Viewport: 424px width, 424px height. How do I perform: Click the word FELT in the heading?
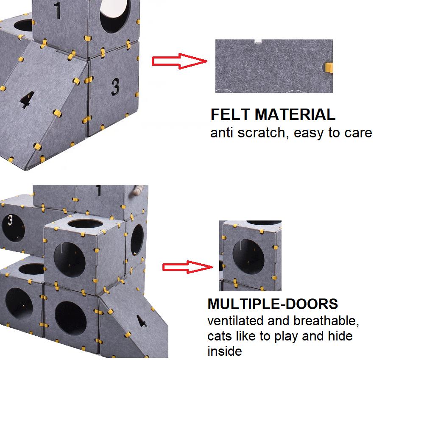click(230, 114)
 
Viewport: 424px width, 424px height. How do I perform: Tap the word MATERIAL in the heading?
click(295, 114)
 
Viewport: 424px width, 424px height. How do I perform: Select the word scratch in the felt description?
click(261, 133)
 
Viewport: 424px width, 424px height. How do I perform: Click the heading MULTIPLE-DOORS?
click(273, 304)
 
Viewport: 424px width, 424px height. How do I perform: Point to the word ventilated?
click(235, 321)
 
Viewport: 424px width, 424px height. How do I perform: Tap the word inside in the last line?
click(224, 351)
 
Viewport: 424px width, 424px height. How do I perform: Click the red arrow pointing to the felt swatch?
click(179, 61)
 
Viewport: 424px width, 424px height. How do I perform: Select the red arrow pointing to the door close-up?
click(187, 267)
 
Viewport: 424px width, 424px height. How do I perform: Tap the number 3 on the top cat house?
click(115, 87)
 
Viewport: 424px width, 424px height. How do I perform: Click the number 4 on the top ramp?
click(27, 100)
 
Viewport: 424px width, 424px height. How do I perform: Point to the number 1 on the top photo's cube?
click(57, 10)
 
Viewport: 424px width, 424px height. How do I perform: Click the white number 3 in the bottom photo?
click(10, 220)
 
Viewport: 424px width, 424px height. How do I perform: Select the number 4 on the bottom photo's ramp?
click(142, 321)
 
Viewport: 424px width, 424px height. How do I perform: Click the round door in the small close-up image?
click(248, 257)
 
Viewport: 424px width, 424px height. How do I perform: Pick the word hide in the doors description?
click(340, 336)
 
